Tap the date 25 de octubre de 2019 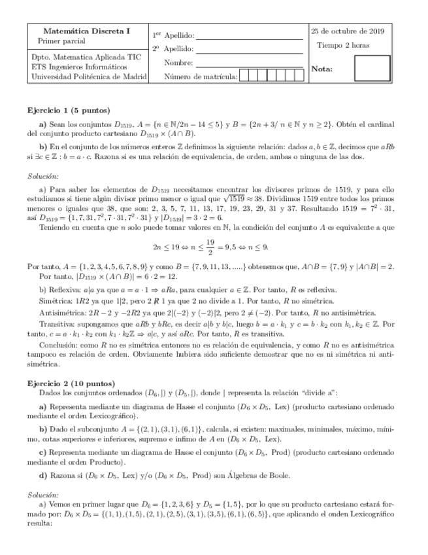[348, 31]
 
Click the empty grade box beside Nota [372, 68]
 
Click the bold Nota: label [323, 68]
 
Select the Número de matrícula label [201, 77]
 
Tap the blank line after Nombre [250, 65]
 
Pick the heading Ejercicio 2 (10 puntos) [71, 383]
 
